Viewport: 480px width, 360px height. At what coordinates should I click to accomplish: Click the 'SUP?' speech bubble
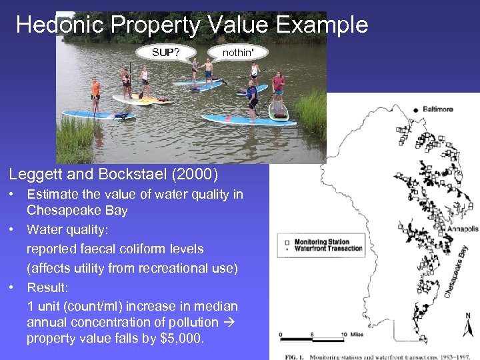click(x=165, y=52)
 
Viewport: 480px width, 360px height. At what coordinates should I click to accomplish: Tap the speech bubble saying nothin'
click(x=237, y=52)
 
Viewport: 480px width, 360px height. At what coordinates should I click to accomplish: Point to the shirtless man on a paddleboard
click(x=208, y=71)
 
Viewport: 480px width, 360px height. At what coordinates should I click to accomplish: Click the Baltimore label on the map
click(x=437, y=109)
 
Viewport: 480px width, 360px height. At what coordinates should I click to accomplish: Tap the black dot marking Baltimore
click(x=415, y=109)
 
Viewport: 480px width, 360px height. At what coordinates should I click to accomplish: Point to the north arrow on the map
click(x=468, y=327)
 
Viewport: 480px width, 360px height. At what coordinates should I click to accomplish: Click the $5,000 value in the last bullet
click(x=181, y=339)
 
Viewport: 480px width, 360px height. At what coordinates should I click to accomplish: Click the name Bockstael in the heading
click(x=126, y=175)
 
